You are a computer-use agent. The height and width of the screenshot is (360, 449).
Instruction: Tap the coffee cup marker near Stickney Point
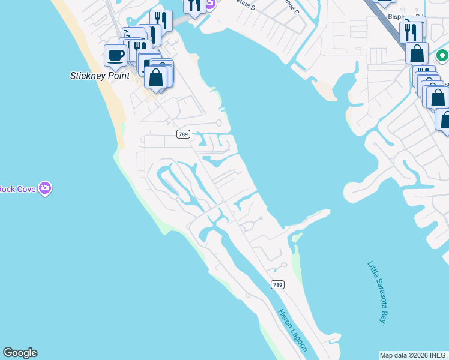tap(115, 56)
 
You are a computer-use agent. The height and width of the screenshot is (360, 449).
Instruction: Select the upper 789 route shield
tap(184, 134)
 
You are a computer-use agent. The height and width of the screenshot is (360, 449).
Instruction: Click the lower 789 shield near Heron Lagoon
tap(277, 284)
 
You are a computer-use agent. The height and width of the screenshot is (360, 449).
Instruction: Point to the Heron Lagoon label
tap(293, 330)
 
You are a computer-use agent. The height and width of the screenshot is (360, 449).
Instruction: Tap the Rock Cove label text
tap(17, 189)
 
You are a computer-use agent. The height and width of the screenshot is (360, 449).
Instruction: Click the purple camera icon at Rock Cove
tap(45, 189)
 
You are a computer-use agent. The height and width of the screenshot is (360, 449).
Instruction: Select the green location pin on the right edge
tap(442, 56)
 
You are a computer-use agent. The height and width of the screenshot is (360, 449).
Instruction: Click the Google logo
tap(20, 353)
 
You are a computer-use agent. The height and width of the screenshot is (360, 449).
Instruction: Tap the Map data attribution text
tap(414, 355)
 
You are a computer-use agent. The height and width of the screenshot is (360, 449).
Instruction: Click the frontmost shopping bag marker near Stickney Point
tap(156, 77)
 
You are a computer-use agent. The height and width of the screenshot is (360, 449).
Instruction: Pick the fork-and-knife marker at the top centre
tap(194, 5)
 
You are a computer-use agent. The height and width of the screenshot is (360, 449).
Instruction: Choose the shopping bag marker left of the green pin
tap(417, 53)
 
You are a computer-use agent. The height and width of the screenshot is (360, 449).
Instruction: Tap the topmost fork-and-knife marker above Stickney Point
tap(161, 20)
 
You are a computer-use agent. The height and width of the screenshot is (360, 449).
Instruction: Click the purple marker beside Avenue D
tap(210, 4)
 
